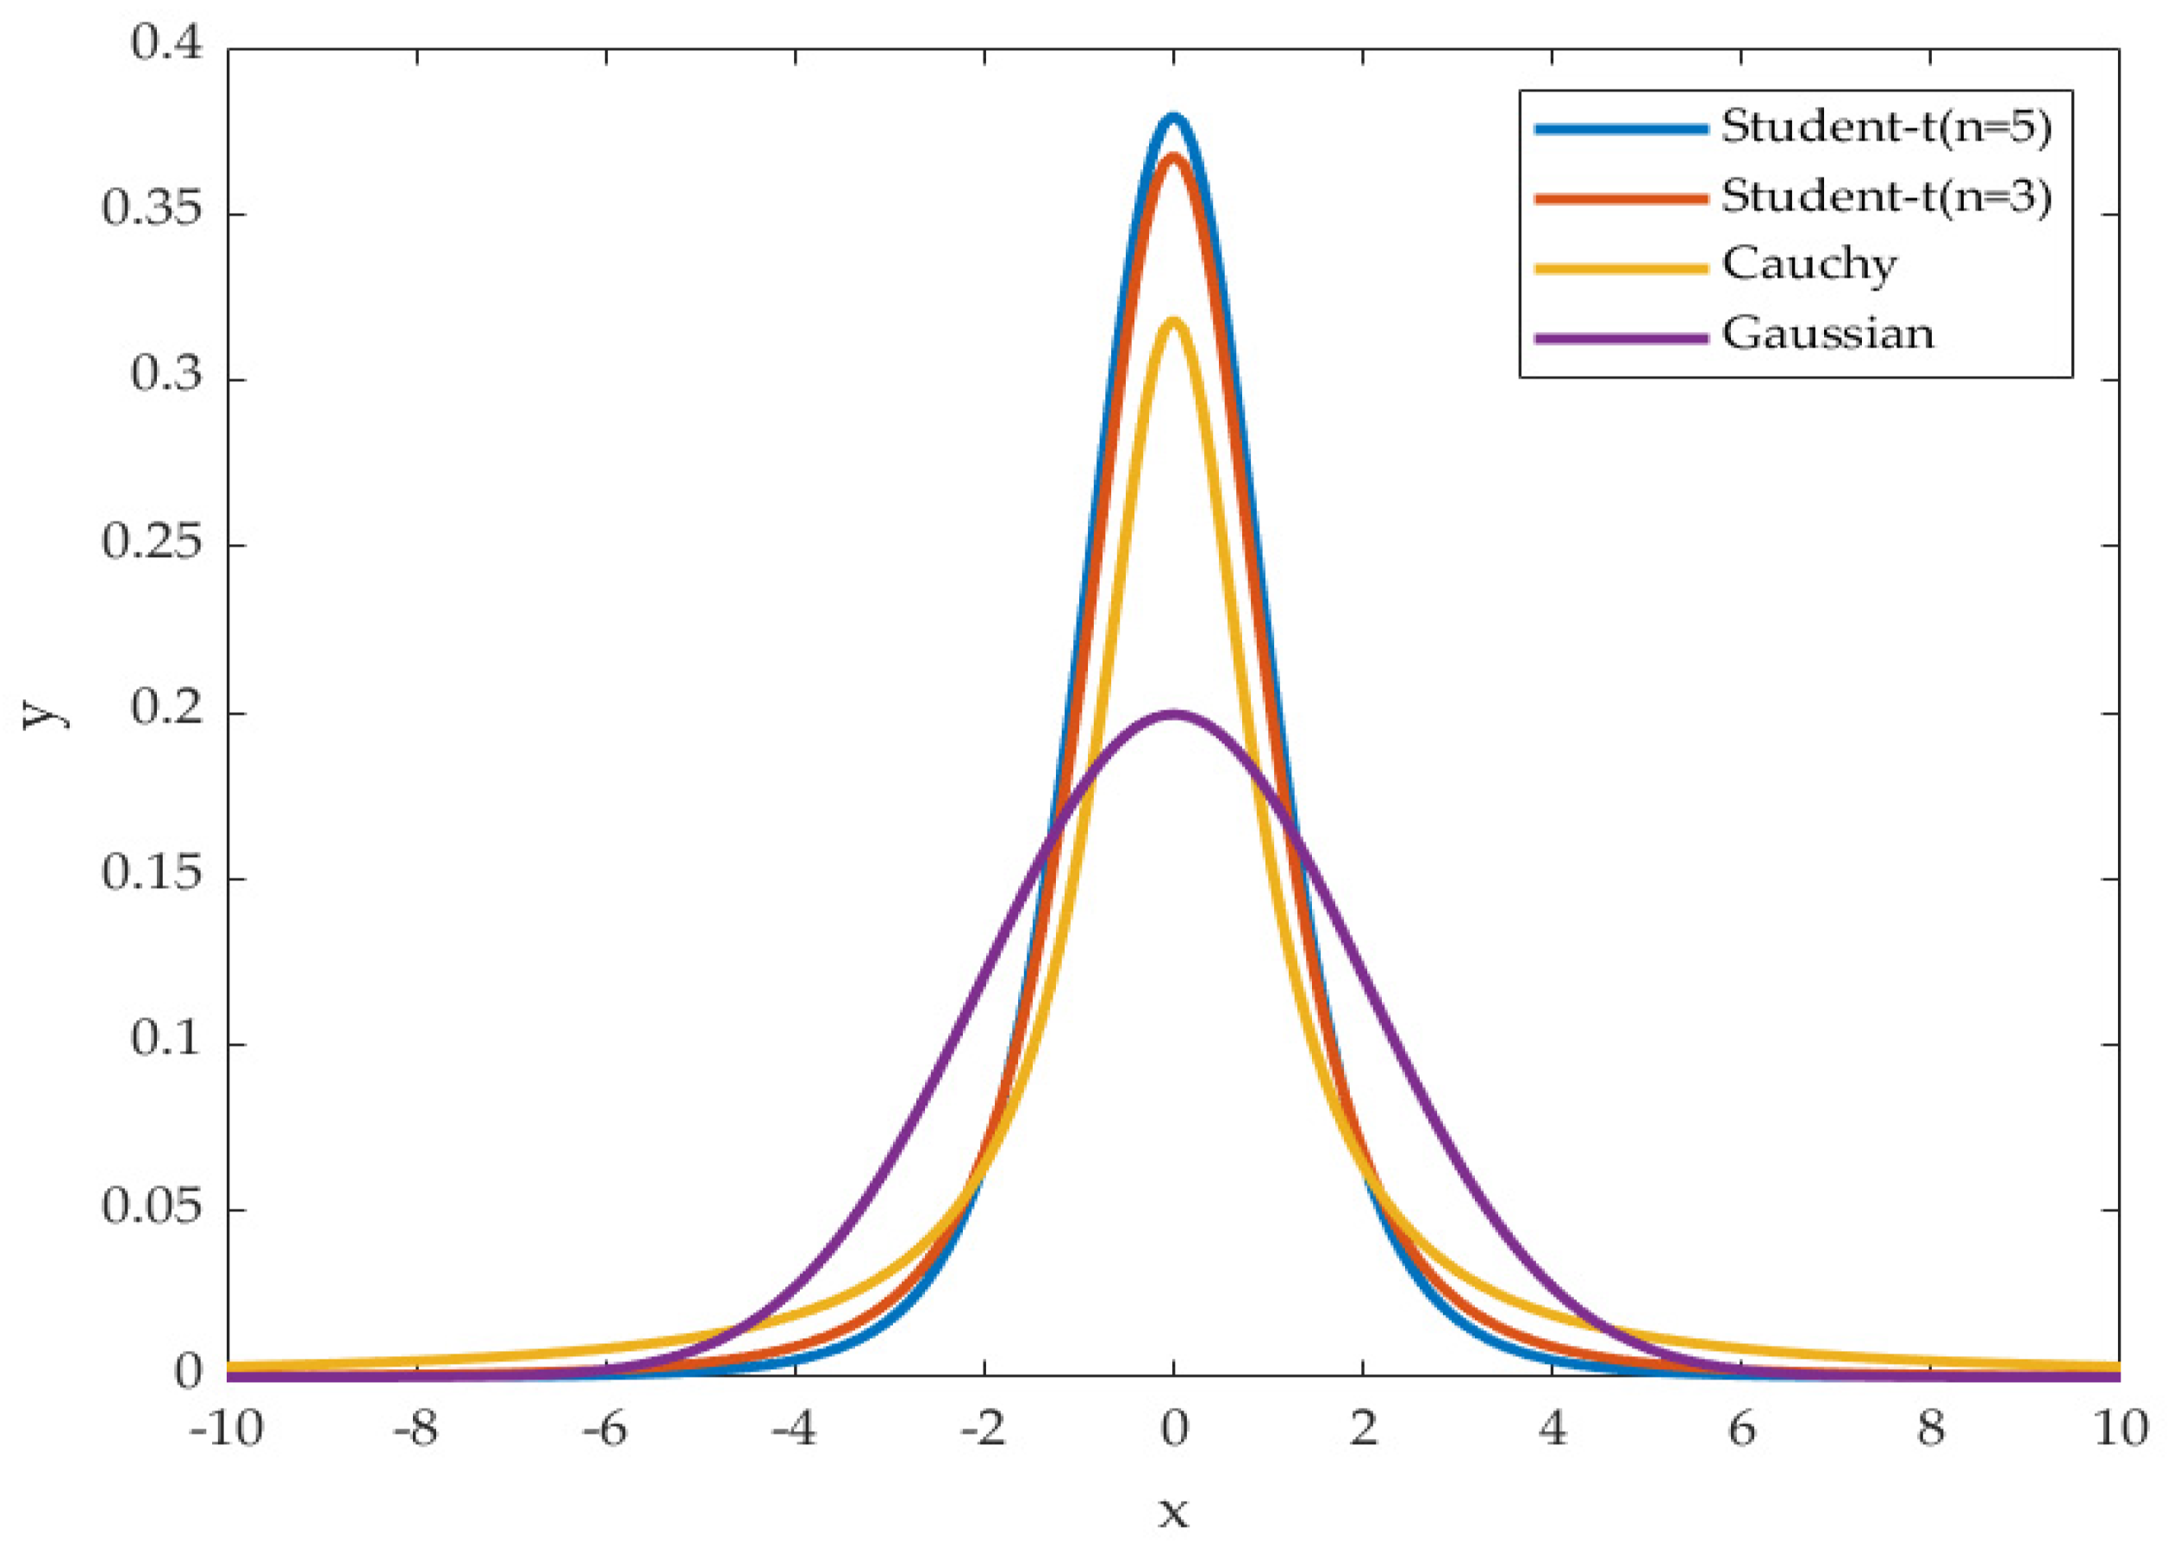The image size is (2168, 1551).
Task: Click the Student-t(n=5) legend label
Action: pyautogui.click(x=1886, y=128)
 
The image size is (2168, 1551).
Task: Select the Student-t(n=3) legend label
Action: pyautogui.click(x=1886, y=197)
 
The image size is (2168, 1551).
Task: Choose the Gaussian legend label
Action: pyautogui.click(x=1827, y=335)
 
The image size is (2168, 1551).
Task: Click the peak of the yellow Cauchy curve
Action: pyautogui.click(x=1173, y=322)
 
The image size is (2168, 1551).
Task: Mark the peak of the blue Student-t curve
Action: pyautogui.click(x=1173, y=118)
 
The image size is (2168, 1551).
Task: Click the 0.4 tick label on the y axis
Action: pyautogui.click(x=167, y=44)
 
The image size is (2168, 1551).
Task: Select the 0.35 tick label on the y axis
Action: pyautogui.click(x=153, y=210)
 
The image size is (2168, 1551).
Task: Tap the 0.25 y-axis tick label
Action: pyautogui.click(x=153, y=542)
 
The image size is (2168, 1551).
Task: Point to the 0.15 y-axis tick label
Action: pyautogui.click(x=153, y=874)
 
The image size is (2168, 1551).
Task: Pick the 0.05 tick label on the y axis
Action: pyautogui.click(x=153, y=1207)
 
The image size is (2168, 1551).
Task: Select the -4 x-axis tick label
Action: pyautogui.click(x=793, y=1430)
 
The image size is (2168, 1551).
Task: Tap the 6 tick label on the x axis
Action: pyautogui.click(x=1742, y=1430)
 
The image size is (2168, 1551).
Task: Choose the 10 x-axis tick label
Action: pyautogui.click(x=2121, y=1430)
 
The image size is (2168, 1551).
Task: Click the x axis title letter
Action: pyautogui.click(x=1173, y=1514)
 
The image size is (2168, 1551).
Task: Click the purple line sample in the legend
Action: pyautogui.click(x=1620, y=337)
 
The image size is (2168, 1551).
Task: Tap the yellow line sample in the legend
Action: pyautogui.click(x=1620, y=268)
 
